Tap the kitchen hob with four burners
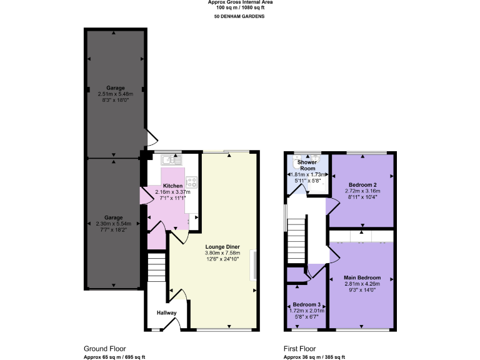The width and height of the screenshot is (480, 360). click(x=192, y=183)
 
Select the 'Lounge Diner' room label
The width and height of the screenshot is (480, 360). click(x=222, y=246)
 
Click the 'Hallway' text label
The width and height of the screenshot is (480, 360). click(x=167, y=313)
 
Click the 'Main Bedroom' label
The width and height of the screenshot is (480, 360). click(x=362, y=277)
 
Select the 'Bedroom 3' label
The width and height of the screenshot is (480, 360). click(x=306, y=306)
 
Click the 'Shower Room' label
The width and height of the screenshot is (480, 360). click(x=306, y=165)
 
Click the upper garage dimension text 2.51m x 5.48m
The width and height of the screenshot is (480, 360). click(x=115, y=94)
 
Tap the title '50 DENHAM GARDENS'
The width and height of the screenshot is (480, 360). click(x=240, y=16)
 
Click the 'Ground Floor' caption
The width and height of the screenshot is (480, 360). click(x=105, y=349)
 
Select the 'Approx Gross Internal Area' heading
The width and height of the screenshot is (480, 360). click(x=240, y=2)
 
